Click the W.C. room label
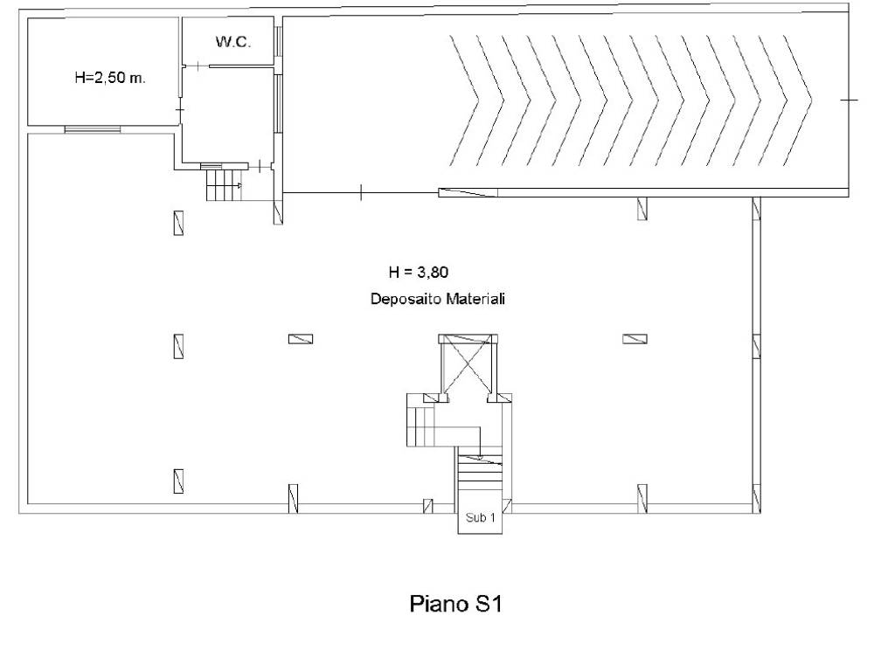(x=232, y=42)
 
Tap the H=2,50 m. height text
(x=110, y=78)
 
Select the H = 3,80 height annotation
(x=419, y=273)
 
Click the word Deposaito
(x=406, y=299)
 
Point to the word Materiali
(x=475, y=299)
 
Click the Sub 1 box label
(x=480, y=518)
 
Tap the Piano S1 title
(x=455, y=604)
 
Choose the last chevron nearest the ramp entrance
(x=797, y=100)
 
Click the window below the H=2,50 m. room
(x=92, y=129)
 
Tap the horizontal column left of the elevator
(x=301, y=339)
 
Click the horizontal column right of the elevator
(x=635, y=339)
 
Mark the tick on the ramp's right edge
(x=850, y=100)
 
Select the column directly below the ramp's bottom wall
(x=642, y=208)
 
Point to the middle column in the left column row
(x=178, y=346)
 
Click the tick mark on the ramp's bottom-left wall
(x=361, y=193)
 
